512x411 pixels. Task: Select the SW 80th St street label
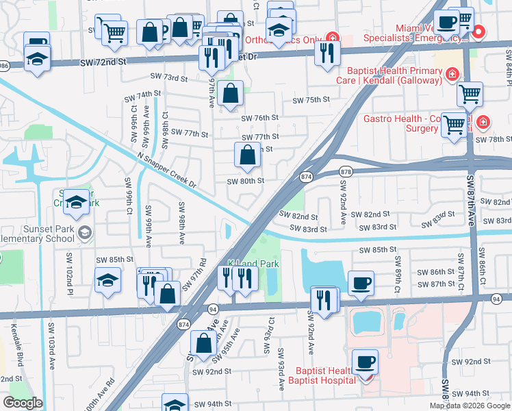(x=246, y=182)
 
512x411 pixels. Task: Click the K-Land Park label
(x=253, y=263)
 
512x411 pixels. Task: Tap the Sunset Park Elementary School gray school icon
(x=84, y=232)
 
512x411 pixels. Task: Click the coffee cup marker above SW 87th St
(x=361, y=282)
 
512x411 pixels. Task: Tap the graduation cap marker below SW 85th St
(x=107, y=281)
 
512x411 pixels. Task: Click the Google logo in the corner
(x=23, y=403)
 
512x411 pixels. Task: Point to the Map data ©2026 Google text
(x=470, y=406)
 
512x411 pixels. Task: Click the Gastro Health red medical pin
(x=483, y=123)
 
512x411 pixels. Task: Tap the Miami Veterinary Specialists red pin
(x=479, y=32)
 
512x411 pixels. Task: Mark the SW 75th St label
(x=311, y=100)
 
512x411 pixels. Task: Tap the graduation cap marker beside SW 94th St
(x=175, y=403)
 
